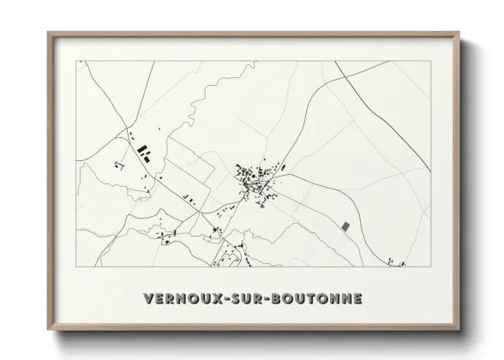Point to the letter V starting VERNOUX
pos(148,299)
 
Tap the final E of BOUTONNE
pos(357,299)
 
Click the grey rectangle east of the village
pos(345,226)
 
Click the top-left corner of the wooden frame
pos(48,33)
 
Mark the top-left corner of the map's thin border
pos(76,61)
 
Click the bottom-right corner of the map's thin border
pos(429,267)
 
